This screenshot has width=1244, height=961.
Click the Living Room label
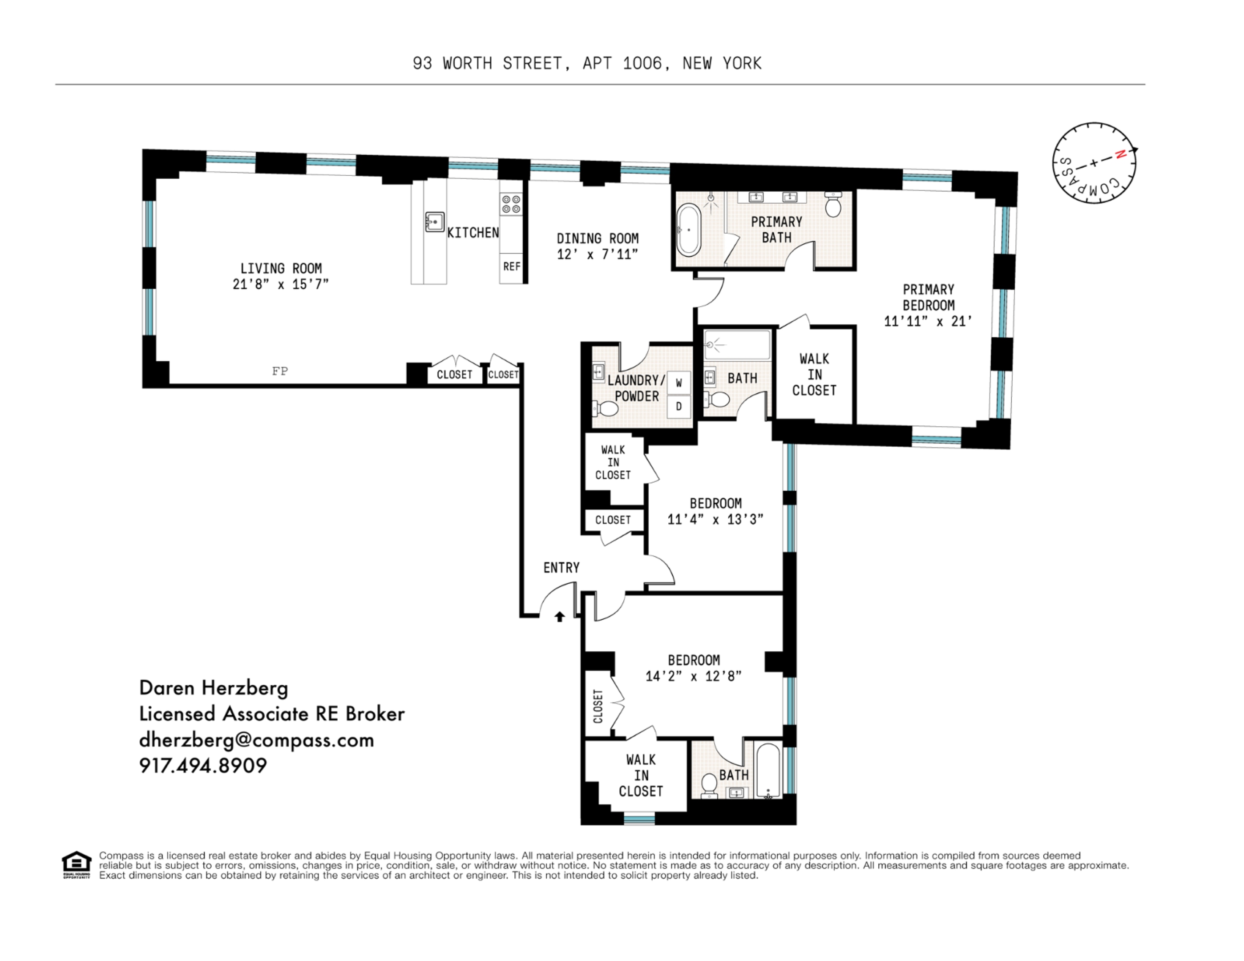coord(280,268)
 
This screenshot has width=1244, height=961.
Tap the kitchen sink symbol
coord(435,222)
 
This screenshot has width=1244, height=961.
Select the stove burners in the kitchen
coord(510,204)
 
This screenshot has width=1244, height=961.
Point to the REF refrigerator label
coord(512,266)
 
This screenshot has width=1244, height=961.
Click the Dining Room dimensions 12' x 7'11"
coord(597,254)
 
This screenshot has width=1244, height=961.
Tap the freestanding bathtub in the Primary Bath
coord(689,230)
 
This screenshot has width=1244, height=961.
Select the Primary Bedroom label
coord(928,297)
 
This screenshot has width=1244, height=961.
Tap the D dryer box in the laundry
coord(679,407)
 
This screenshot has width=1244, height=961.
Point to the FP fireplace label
coord(280,371)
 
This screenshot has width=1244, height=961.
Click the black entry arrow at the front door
coord(559,616)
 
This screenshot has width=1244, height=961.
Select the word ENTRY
coord(561,568)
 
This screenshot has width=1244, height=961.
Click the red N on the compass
coord(1120,154)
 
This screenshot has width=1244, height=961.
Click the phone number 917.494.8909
coord(203,766)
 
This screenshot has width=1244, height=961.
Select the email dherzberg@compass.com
coord(256,740)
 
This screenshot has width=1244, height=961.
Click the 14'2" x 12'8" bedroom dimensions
coord(693,676)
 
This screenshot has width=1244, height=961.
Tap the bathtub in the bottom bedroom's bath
coord(768,770)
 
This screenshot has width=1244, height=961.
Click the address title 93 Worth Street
coord(587,63)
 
